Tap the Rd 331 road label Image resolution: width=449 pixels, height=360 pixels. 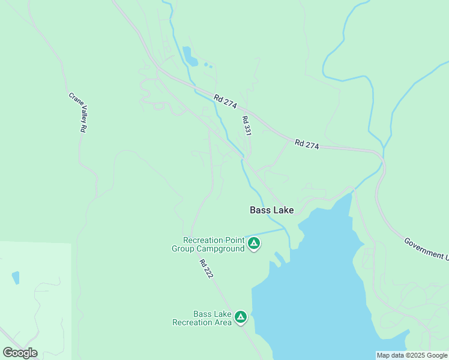246,126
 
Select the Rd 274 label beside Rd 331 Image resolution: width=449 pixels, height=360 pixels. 226,101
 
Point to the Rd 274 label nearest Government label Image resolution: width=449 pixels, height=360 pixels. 306,144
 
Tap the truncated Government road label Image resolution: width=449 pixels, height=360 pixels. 426,248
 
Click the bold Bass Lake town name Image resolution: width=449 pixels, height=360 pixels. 272,210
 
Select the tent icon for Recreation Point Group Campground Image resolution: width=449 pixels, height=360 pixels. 254,243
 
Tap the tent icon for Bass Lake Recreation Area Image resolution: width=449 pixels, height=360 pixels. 241,317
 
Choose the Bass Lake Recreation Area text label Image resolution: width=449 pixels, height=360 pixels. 202,318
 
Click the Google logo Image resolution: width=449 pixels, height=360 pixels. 20,353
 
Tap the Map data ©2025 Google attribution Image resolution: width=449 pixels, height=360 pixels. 412,355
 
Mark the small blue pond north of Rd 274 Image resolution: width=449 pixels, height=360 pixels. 190,56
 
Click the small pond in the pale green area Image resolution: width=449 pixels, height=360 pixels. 16,277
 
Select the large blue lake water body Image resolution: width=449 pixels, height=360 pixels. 318,288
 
